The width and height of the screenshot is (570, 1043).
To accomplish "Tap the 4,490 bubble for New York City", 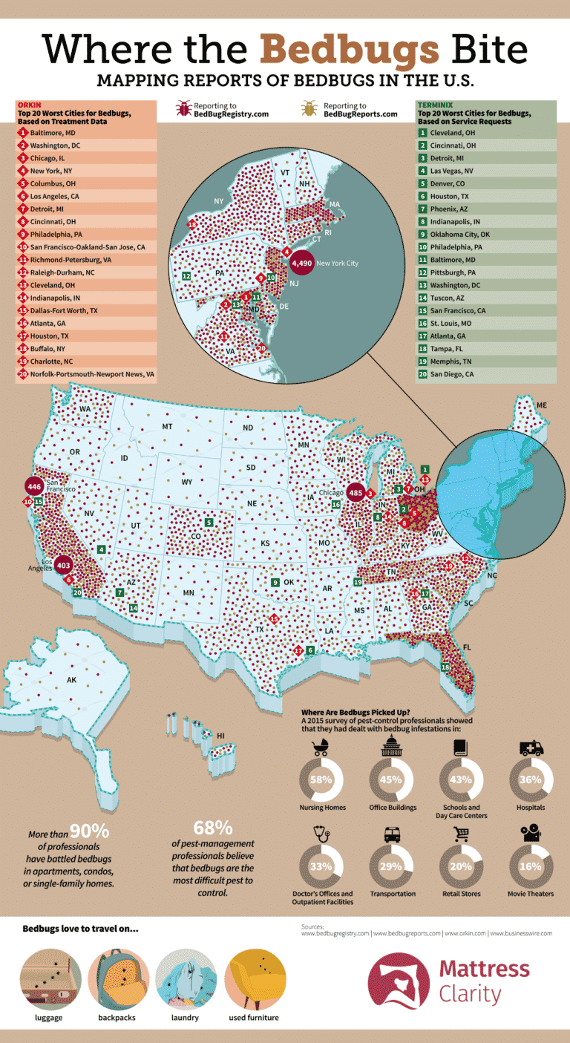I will [302, 263].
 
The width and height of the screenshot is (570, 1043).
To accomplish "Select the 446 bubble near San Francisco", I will [33, 486].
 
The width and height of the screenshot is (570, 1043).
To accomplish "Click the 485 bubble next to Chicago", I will [355, 492].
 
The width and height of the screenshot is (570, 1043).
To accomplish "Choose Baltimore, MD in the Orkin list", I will [52, 133].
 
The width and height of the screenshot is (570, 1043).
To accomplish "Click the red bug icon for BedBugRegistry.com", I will [183, 111].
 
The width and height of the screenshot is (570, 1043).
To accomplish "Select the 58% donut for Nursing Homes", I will [321, 779].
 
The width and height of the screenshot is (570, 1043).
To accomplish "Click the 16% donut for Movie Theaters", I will [530, 866].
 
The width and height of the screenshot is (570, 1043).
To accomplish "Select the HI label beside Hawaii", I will [220, 736].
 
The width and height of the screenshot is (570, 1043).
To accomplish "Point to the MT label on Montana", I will [168, 427].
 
